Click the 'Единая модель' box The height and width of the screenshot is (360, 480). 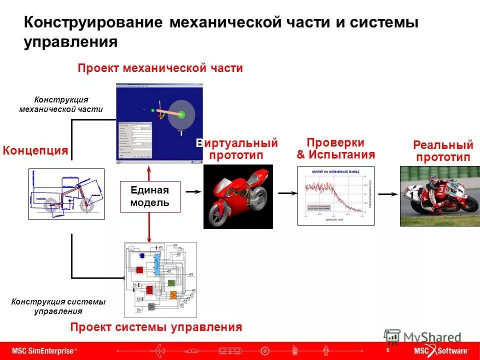pyautogui.click(x=150, y=196)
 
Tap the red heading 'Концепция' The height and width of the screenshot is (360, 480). pyautogui.click(x=35, y=150)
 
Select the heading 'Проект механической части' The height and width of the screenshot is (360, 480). pyautogui.click(x=160, y=68)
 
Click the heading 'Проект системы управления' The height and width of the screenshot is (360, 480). pyautogui.click(x=156, y=327)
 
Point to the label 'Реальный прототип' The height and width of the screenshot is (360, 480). pyautogui.click(x=443, y=151)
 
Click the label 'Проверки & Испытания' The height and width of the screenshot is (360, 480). pyautogui.click(x=335, y=148)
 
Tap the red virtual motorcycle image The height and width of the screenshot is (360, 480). pyautogui.click(x=238, y=196)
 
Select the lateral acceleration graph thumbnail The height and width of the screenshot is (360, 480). pyautogui.click(x=335, y=195)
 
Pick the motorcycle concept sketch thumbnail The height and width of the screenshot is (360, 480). pyautogui.click(x=66, y=194)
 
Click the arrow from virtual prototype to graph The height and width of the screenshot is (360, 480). pyautogui.click(x=287, y=192)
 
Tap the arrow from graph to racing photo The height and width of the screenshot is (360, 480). pyautogui.click(x=387, y=194)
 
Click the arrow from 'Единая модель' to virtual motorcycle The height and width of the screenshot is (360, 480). pyautogui.click(x=193, y=191)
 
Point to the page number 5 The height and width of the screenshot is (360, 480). pyautogui.click(x=387, y=350)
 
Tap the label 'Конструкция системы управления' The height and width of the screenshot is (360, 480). pyautogui.click(x=58, y=306)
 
